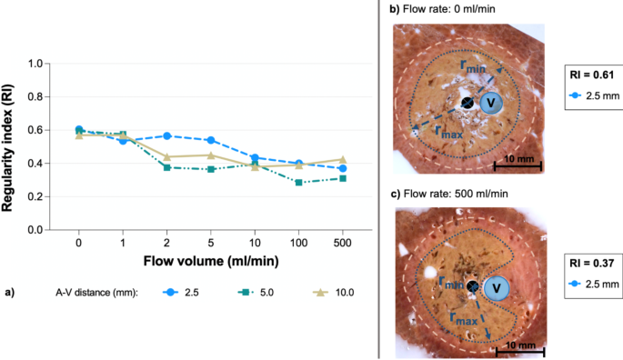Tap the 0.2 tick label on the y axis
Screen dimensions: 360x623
pos(35,197)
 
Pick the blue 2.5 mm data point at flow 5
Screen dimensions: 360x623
pos(210,140)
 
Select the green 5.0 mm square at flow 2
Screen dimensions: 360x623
pos(166,167)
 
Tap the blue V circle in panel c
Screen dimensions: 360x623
pos(495,288)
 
